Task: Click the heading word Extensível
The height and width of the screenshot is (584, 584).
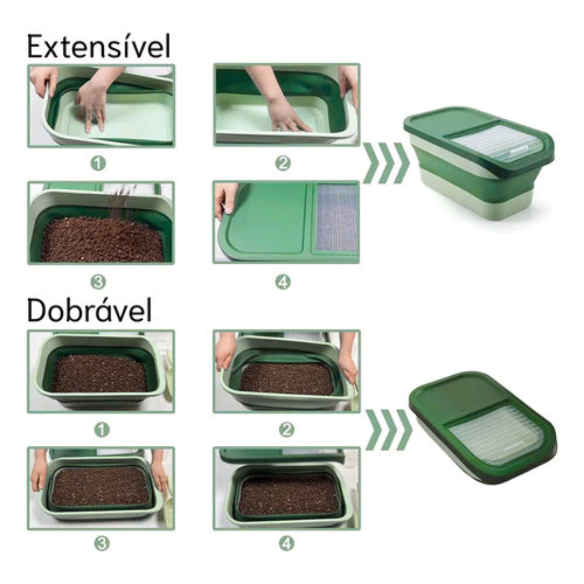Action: (x=99, y=46)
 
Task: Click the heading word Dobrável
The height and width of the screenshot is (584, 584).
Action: (x=90, y=310)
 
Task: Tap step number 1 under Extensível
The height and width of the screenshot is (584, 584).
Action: (x=98, y=164)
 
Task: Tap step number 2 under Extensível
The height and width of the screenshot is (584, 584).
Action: (x=283, y=164)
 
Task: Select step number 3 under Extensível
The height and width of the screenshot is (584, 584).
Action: (x=98, y=282)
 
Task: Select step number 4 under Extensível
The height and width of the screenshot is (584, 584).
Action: (x=283, y=282)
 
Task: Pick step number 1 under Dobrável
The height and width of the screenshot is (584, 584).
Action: (x=102, y=430)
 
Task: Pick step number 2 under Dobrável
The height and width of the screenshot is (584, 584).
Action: (x=286, y=430)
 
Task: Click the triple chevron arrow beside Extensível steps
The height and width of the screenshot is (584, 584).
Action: (x=386, y=163)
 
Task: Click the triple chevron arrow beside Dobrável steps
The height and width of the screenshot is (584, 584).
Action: (x=389, y=430)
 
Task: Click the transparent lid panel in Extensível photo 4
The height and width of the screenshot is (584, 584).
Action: (x=337, y=217)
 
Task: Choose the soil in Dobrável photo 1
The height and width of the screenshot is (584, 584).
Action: (x=99, y=374)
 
